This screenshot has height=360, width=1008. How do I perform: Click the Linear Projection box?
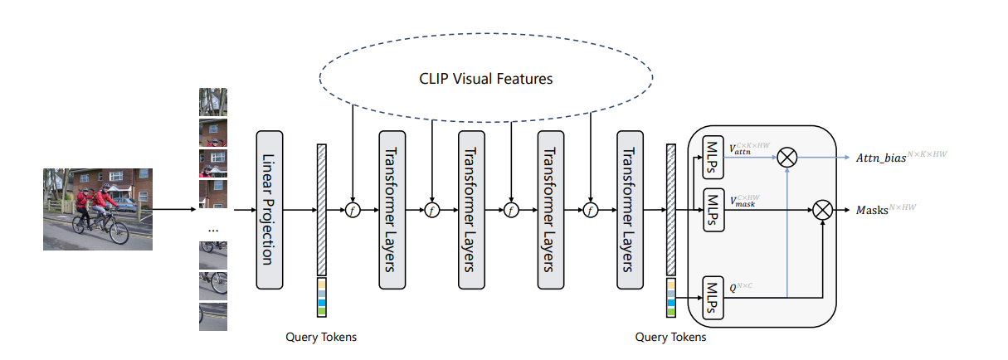tap(270, 210)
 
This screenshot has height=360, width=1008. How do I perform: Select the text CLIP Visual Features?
tap(485, 79)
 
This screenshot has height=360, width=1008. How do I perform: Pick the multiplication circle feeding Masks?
tap(822, 210)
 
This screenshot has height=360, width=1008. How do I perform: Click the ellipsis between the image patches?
tap(212, 227)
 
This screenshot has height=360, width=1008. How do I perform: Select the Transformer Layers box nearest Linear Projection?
tap(393, 210)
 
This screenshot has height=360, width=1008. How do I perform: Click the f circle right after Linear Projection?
tap(353, 211)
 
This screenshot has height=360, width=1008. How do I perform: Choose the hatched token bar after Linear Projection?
tap(322, 210)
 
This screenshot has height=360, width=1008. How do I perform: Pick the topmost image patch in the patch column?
tap(212, 102)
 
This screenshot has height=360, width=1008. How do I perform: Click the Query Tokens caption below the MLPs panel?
tap(670, 337)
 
